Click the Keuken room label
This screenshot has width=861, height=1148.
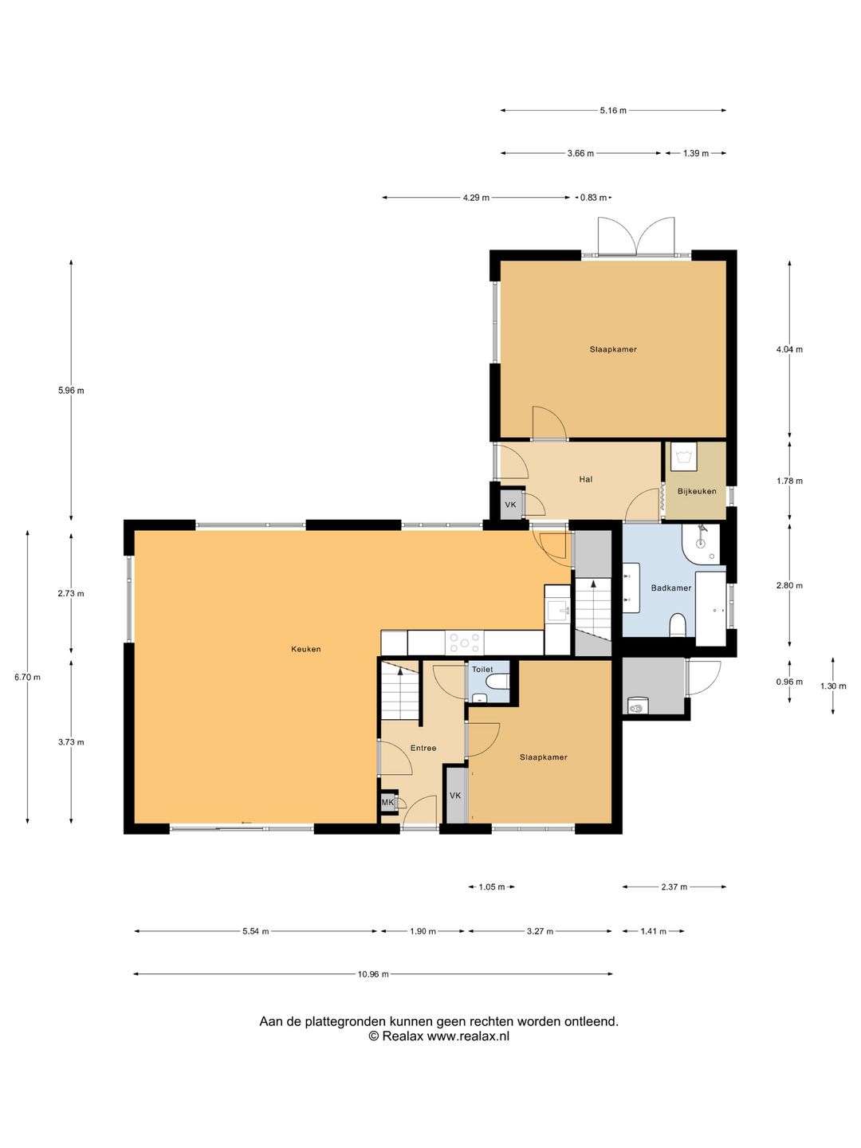(306, 649)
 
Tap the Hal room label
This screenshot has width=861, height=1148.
(586, 479)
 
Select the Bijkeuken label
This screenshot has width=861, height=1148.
(697, 491)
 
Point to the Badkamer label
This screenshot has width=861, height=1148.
(671, 588)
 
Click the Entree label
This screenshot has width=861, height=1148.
(423, 748)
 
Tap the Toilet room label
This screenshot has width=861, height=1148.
(482, 670)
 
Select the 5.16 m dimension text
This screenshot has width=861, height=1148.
(613, 110)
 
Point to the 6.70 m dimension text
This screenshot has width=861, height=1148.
(27, 678)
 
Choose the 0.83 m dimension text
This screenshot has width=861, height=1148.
(593, 198)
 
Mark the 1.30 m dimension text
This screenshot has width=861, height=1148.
(833, 686)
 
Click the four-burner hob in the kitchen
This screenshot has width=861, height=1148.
(465, 643)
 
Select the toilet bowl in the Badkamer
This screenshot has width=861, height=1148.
(678, 624)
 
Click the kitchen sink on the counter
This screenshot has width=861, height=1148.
(557, 610)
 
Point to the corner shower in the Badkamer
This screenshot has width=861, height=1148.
(701, 544)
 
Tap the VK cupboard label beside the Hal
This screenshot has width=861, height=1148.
(510, 505)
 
